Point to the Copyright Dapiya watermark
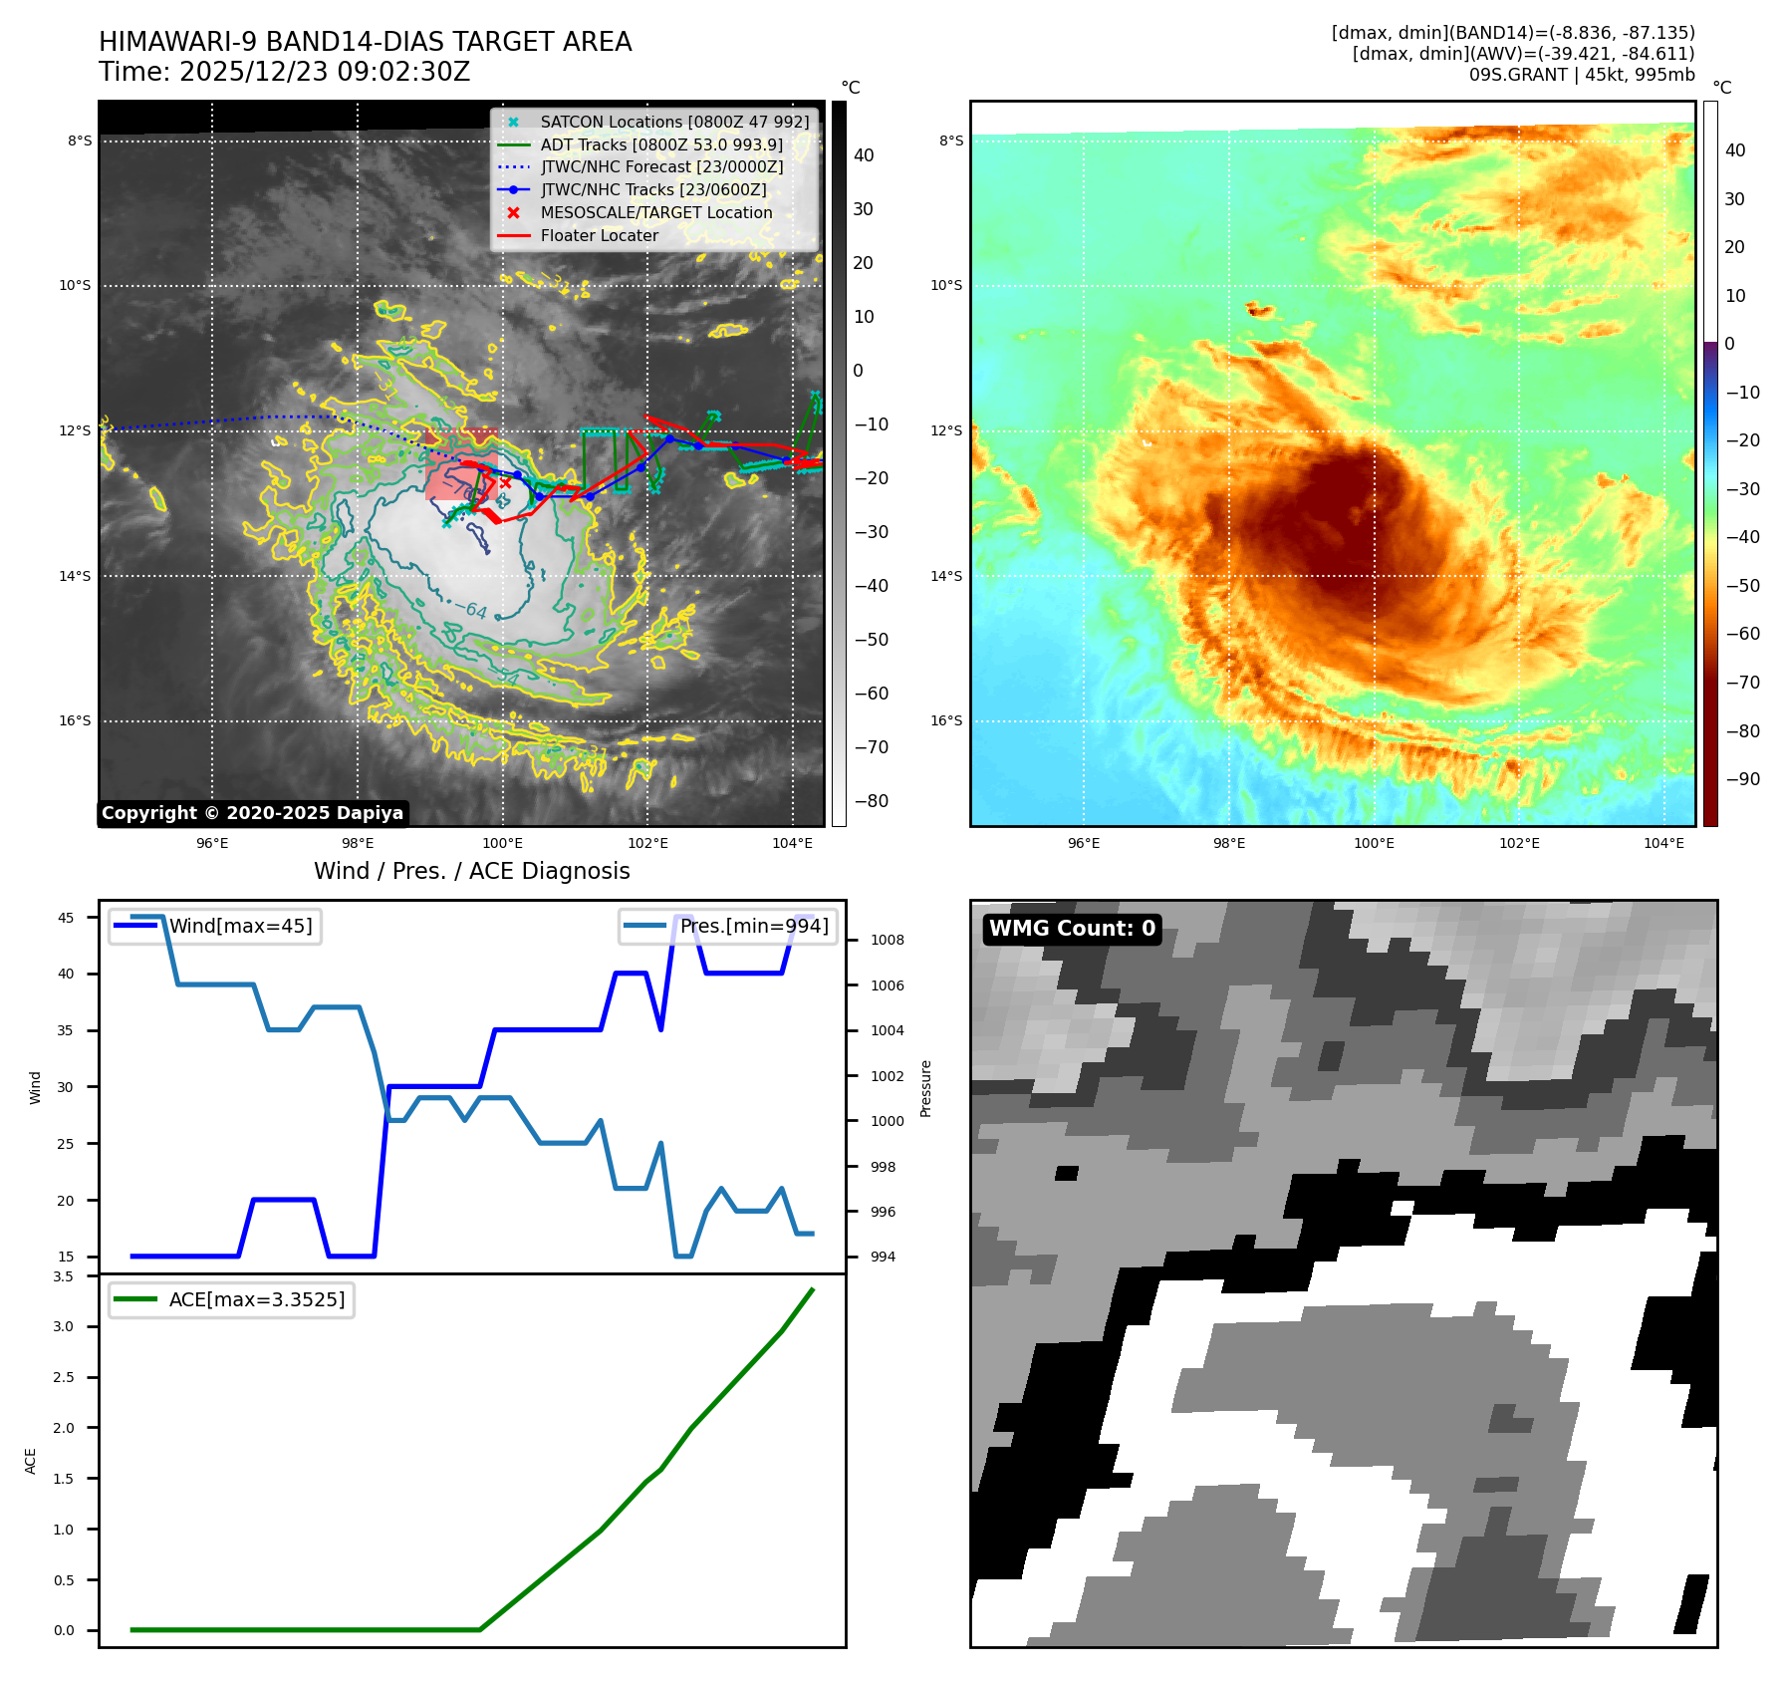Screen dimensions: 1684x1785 pyautogui.click(x=252, y=813)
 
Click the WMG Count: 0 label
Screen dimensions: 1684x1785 pyautogui.click(x=1072, y=929)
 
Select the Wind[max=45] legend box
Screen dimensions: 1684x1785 pyautogui.click(x=215, y=926)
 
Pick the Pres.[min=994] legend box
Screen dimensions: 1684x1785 pyautogui.click(x=727, y=926)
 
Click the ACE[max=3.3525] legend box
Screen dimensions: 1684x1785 pyautogui.click(x=231, y=1299)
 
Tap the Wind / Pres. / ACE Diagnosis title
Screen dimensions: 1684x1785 pyautogui.click(x=471, y=871)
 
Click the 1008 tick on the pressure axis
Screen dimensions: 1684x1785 pyautogui.click(x=887, y=940)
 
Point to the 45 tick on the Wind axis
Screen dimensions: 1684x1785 pyautogui.click(x=66, y=918)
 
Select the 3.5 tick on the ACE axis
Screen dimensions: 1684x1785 pyautogui.click(x=63, y=1276)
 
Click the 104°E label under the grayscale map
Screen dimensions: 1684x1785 pyautogui.click(x=792, y=843)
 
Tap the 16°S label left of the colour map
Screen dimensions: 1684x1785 pyautogui.click(x=946, y=720)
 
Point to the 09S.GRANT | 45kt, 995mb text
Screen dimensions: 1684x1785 pyautogui.click(x=1581, y=75)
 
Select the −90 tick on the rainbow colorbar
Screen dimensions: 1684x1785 pyautogui.click(x=1741, y=779)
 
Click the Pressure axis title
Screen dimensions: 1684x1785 pyautogui.click(x=925, y=1088)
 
